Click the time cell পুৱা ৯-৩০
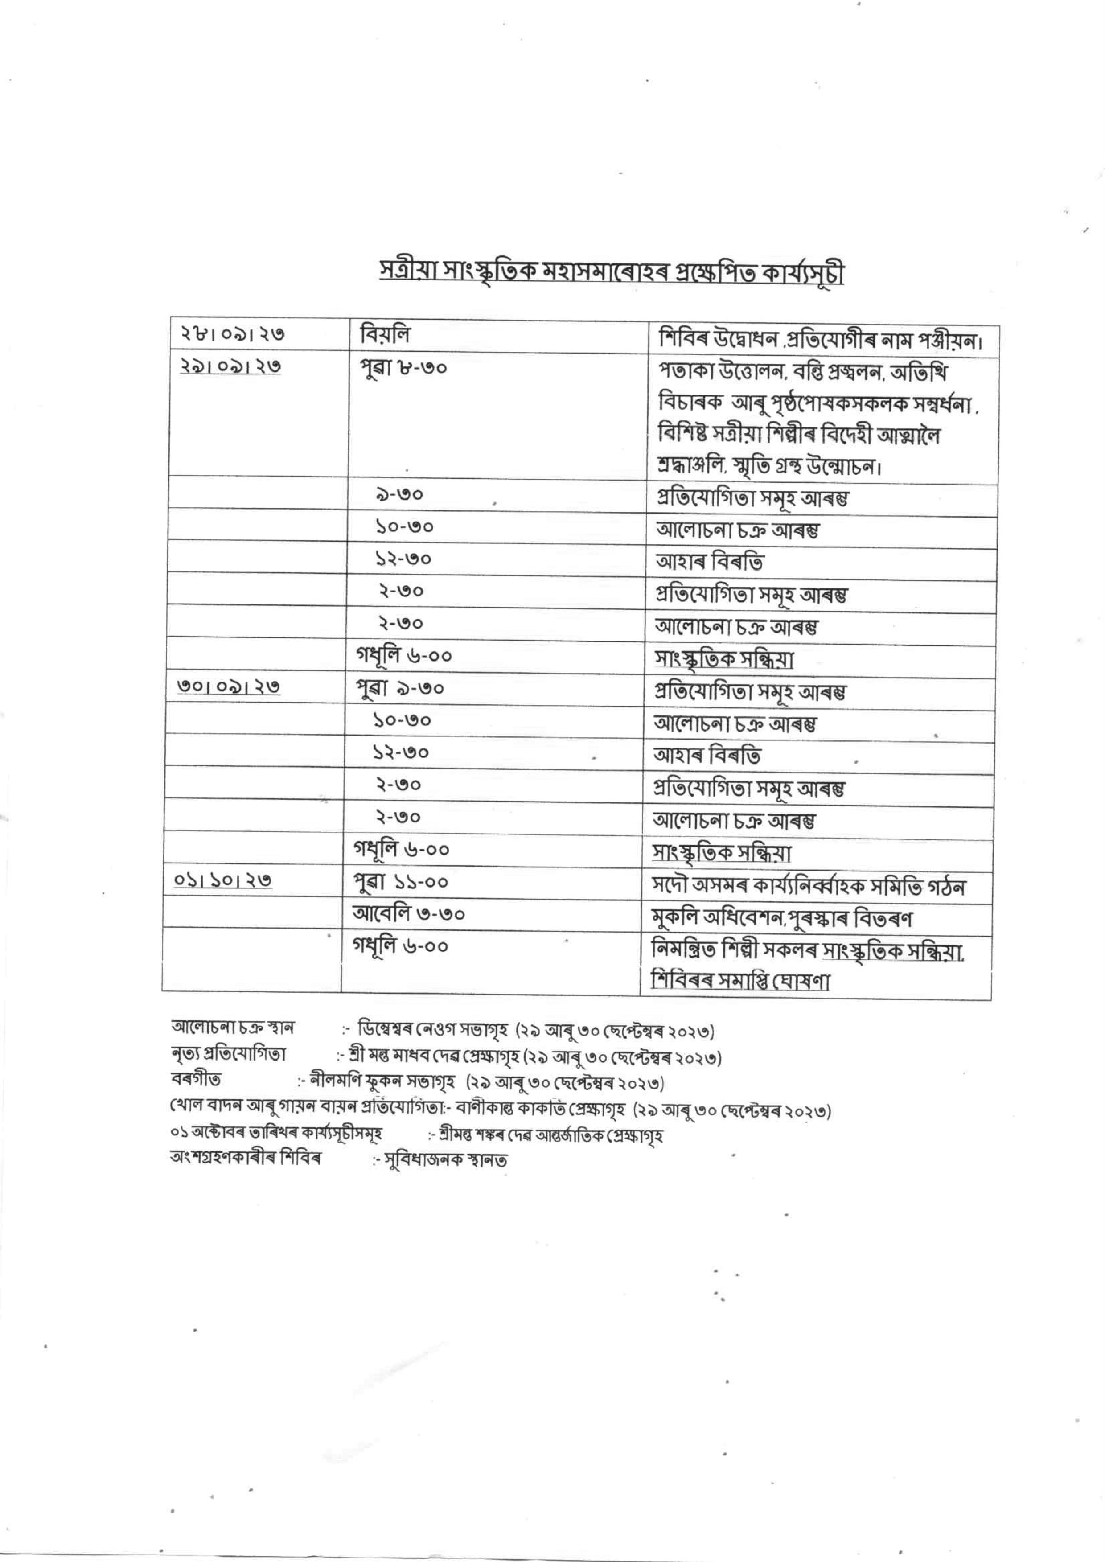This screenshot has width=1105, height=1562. click(400, 688)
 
